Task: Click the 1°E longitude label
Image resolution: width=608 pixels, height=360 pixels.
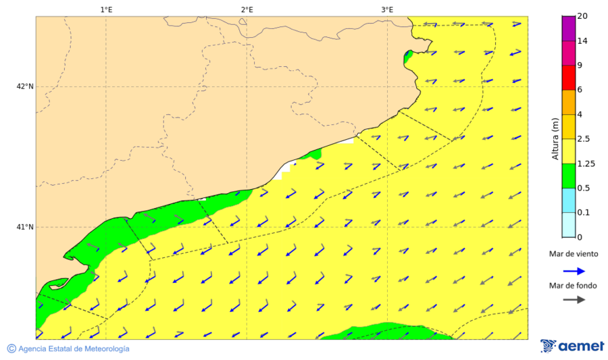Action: (x=106, y=9)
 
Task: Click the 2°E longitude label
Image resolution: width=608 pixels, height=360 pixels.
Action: (x=247, y=9)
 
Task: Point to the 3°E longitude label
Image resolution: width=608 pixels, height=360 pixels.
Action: (x=387, y=9)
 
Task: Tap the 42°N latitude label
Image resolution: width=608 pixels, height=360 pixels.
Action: (x=25, y=86)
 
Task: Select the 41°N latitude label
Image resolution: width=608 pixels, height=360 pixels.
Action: (x=25, y=227)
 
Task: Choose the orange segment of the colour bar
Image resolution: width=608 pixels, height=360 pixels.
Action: (x=568, y=102)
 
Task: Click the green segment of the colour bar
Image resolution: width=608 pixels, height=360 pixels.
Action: (x=568, y=176)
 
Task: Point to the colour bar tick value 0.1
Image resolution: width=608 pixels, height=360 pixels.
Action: (x=584, y=213)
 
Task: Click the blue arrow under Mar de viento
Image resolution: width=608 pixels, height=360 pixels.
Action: (x=574, y=269)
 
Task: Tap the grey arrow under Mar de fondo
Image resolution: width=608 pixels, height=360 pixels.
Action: (x=574, y=300)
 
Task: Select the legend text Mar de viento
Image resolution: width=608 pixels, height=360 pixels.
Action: (x=574, y=255)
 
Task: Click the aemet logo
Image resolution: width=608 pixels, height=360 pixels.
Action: (x=572, y=346)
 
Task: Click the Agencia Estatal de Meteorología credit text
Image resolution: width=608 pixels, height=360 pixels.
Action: (x=74, y=349)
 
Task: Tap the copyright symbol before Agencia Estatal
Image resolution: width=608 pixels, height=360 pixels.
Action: (x=11, y=349)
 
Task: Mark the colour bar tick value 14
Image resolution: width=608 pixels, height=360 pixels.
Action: (x=583, y=41)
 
